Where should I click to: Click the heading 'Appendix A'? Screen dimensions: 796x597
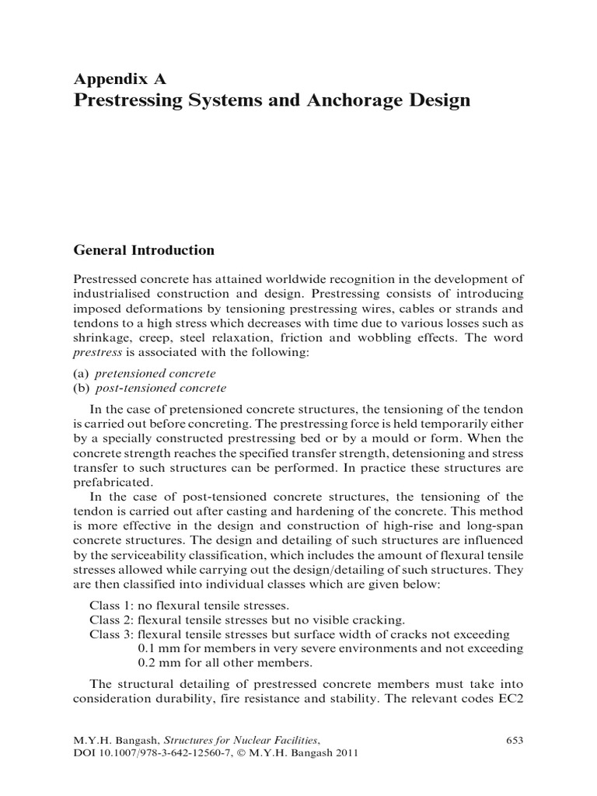119,79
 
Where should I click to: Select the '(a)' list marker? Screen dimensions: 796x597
81,373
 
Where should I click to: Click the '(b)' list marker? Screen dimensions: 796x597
81,388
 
